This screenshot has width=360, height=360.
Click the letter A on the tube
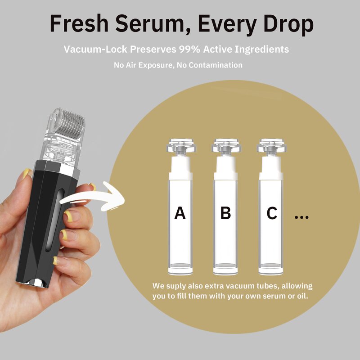(x=180, y=213)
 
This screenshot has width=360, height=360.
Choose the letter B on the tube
(x=225, y=213)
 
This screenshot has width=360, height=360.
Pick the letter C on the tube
(x=271, y=213)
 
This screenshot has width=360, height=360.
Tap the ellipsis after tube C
(x=301, y=217)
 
